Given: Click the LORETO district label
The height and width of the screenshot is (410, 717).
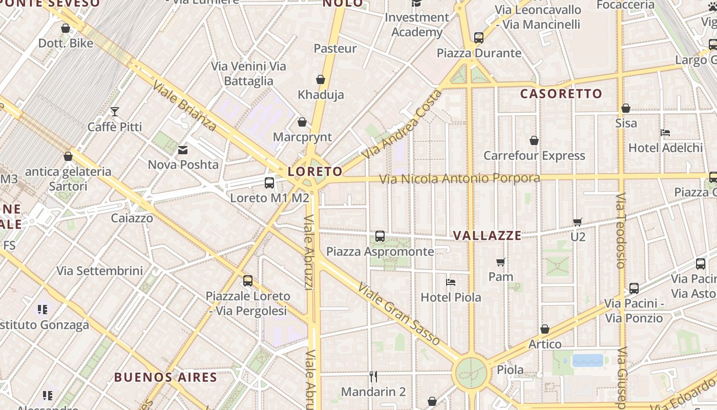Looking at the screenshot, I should tap(315, 172).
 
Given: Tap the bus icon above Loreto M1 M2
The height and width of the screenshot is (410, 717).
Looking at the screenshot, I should tap(269, 183).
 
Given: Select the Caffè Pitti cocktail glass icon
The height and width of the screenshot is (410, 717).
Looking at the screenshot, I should tap(115, 112).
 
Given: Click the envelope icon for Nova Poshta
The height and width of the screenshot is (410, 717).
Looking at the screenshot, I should tap(183, 150).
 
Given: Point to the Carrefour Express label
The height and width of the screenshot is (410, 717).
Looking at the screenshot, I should tap(534, 156).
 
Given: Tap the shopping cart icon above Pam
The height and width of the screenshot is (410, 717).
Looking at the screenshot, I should tap(501, 262).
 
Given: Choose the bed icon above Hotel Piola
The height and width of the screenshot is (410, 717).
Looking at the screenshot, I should tap(451, 282).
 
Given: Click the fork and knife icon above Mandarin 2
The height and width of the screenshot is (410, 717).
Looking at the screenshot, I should tap(373, 377).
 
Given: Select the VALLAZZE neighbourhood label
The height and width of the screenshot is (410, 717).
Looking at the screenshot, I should tap(488, 236).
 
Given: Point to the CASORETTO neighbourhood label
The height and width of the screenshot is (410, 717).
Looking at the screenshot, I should tap(561, 94).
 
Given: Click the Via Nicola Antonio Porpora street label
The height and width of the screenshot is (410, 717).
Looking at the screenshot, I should tap(459, 179).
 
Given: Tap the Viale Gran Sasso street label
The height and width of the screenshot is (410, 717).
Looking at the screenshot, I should tap(399, 314).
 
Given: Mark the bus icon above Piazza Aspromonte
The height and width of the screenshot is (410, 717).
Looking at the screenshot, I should tap(380, 236).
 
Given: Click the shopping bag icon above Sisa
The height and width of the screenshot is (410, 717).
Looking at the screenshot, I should tap(626, 109).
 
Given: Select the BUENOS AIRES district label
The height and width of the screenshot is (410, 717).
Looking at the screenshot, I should tap(165, 378).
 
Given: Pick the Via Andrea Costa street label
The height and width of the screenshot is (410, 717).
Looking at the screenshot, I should tap(402, 125).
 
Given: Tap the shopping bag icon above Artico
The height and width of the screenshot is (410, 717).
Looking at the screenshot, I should tap(545, 329).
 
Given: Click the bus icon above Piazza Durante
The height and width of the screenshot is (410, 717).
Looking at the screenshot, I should tap(479, 38).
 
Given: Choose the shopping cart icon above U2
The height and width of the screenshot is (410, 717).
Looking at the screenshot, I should tap(578, 222).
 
